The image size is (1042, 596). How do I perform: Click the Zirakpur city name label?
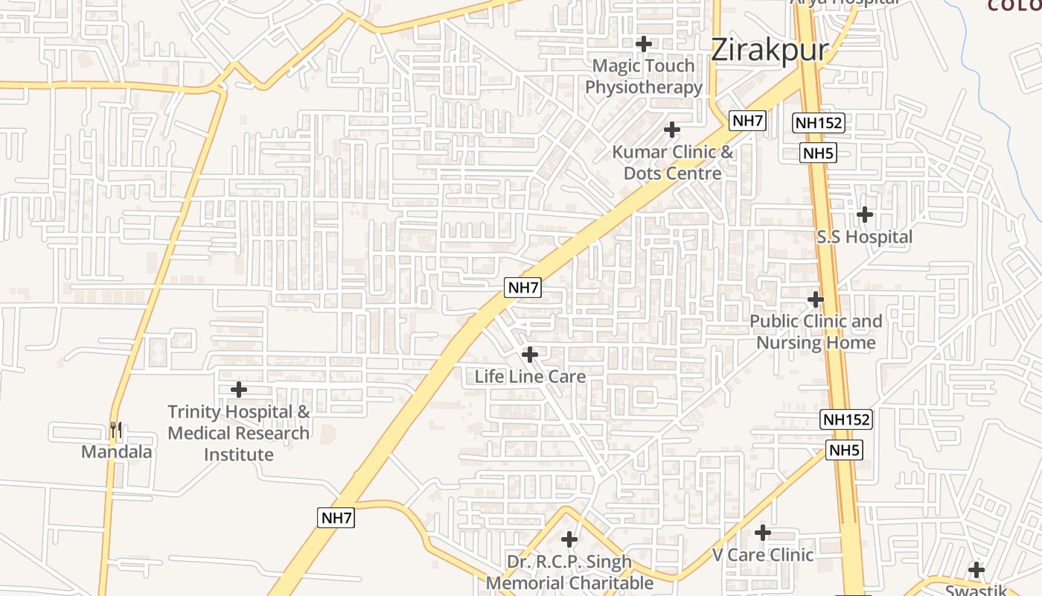pos(770,51)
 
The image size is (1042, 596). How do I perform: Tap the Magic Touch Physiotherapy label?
pos(644,76)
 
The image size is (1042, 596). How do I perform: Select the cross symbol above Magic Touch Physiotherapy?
pos(644,44)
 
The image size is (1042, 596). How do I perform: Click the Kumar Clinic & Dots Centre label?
pos(673,162)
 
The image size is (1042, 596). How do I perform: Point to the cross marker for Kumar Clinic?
pos(672,130)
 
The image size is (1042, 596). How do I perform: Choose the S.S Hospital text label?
pos(864,237)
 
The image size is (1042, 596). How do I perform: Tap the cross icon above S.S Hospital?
pos(864,215)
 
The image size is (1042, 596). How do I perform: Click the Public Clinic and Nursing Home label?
pos(816,332)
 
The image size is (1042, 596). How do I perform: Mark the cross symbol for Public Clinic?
pos(816,299)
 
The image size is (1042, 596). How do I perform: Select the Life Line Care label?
pos(530,376)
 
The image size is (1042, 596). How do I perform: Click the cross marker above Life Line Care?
pos(530,355)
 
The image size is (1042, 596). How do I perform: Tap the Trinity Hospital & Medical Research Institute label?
pos(239,433)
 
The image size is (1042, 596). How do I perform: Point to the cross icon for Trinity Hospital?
pos(239,389)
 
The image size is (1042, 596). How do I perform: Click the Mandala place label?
pos(116,451)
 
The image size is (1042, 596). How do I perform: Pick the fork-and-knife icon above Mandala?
pos(115,430)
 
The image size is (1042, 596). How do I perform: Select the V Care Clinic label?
pos(763,555)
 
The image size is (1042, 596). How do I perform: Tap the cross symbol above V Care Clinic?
pos(763,533)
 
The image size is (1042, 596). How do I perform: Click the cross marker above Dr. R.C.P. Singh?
pos(569,539)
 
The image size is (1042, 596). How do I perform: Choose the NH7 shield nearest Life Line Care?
pos(522,288)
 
